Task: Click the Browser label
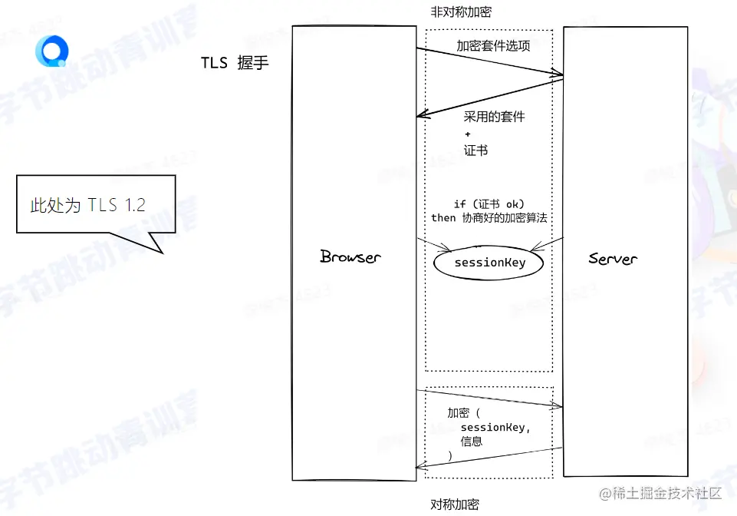pos(350,256)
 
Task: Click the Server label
pos(613,258)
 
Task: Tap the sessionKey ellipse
pos(489,263)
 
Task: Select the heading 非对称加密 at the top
pos(461,12)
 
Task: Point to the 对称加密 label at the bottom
pos(454,504)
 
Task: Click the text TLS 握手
pos(235,63)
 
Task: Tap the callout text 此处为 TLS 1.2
pos(87,204)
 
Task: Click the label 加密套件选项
pos(493,45)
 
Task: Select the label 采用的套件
pos(494,117)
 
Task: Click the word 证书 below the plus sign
pos(475,150)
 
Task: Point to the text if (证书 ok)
pos(489,203)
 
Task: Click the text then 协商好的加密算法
pos(489,217)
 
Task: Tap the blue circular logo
pos(52,51)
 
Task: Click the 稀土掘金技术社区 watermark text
pos(661,493)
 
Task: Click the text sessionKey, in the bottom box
pos(495,427)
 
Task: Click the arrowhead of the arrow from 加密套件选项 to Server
pos(559,74)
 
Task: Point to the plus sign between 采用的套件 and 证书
pos(468,134)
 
